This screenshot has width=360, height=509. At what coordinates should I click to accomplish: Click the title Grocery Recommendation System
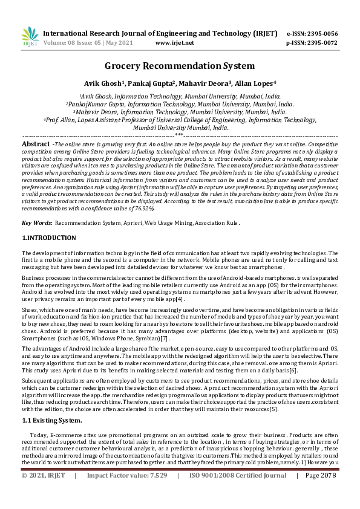tap(180, 66)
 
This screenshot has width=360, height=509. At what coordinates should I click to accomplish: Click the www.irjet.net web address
tap(175, 43)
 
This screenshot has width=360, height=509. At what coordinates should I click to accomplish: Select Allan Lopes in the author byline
tap(255, 83)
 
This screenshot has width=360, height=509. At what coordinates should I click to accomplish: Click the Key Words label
tap(36, 223)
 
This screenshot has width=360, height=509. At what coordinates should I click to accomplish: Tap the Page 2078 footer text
tap(320, 493)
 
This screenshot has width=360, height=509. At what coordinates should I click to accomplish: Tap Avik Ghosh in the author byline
tap(103, 83)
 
